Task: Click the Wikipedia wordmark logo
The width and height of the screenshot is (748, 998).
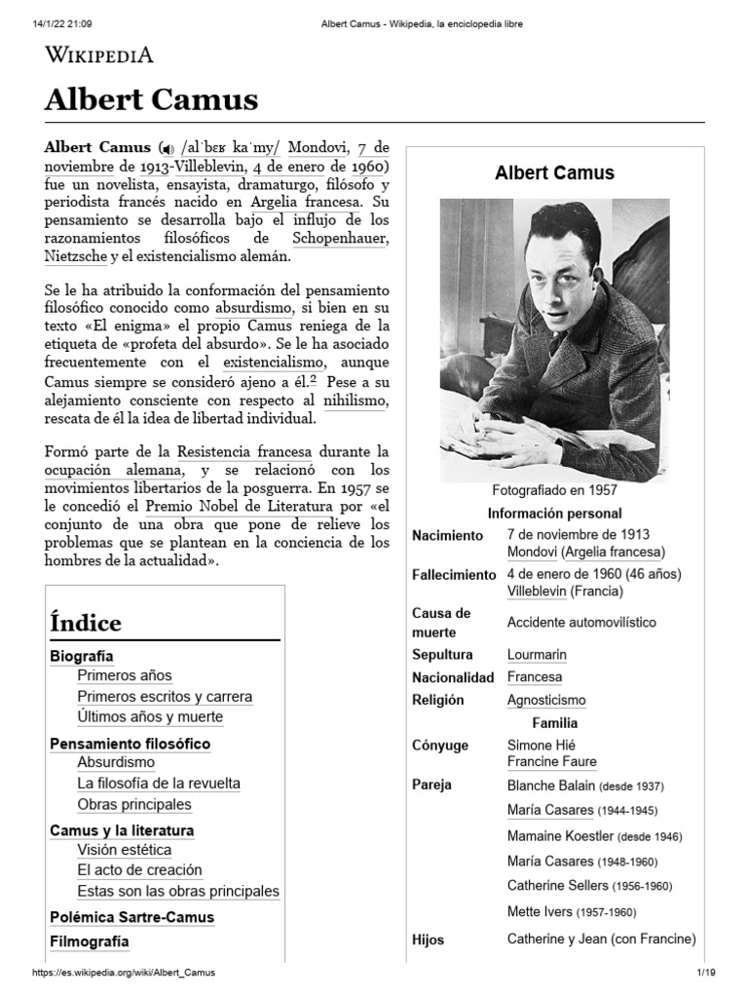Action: tap(99, 55)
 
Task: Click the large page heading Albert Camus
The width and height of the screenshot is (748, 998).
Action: tap(151, 99)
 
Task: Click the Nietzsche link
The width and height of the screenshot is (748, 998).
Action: tap(75, 256)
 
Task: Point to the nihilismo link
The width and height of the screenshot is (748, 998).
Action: tap(357, 401)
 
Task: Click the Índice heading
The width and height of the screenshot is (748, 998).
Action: tap(86, 623)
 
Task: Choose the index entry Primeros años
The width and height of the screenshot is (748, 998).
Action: tap(124, 675)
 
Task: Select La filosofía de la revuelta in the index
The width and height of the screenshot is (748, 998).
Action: tap(158, 783)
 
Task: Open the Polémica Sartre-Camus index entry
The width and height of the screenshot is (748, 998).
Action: tap(131, 917)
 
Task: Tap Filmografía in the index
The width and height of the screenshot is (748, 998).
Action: tap(89, 940)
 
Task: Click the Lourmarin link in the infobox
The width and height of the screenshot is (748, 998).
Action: tap(537, 655)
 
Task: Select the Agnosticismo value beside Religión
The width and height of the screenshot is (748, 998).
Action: tap(546, 700)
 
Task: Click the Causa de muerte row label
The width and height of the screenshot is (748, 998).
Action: tap(441, 623)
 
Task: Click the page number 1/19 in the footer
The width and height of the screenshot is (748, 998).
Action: tap(706, 973)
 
